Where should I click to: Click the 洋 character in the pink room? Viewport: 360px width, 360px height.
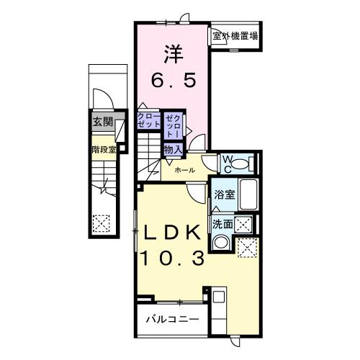coord(173,54)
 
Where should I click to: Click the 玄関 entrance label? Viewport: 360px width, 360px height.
coord(102,122)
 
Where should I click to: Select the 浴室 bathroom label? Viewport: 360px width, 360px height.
coord(224,194)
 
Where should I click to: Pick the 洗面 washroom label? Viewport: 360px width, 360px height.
coord(222,225)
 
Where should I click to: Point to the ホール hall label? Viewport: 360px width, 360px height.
coord(184,171)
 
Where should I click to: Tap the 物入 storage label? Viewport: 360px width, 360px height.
coord(173,149)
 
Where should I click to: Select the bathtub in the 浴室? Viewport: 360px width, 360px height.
coord(250,195)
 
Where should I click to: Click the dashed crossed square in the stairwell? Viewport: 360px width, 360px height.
coord(101,224)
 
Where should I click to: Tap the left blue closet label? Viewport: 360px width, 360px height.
coord(148,120)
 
